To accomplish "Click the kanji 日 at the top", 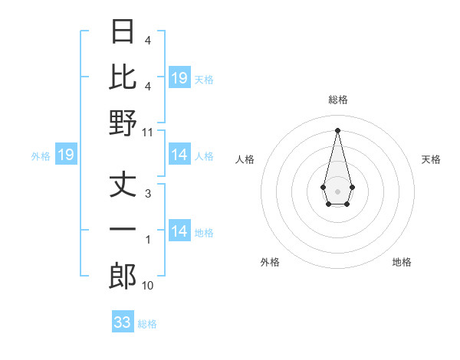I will tap(123, 31).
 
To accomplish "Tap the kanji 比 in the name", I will tap(123, 77).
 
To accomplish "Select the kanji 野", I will tap(123, 123).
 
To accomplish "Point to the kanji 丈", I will tap(123, 186).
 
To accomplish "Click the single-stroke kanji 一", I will tap(123, 231).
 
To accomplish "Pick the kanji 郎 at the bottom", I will tap(123, 277).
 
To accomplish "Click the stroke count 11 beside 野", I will tap(148, 132).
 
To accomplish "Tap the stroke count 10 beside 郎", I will tap(148, 286).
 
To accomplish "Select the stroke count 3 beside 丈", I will tap(148, 194).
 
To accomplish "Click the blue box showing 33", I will tap(123, 322).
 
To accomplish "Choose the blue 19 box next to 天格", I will tap(179, 78).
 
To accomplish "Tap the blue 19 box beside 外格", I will tap(66, 155).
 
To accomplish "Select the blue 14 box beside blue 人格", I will tap(179, 155).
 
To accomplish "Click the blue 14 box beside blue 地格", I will tap(179, 232).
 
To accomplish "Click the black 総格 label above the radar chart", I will tap(337, 100).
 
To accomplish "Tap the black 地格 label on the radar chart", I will tap(402, 262).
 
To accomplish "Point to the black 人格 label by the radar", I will tap(245, 159).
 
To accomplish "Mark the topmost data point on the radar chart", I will tap(337, 129).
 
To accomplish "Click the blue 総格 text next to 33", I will tap(147, 323).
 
